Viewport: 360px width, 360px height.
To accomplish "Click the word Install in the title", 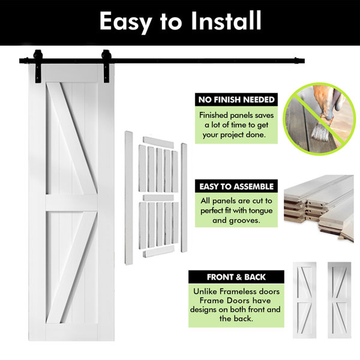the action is tap(226, 20).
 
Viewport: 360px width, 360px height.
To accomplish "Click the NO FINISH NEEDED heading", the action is tap(236, 100).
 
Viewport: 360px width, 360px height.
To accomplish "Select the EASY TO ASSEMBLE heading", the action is tap(236, 187).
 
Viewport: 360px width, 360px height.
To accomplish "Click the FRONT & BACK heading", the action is tap(236, 277).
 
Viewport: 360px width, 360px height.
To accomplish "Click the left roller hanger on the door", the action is tap(38, 66).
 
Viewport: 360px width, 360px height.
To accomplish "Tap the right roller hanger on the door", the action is tap(107, 66).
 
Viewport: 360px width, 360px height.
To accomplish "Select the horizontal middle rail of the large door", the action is tap(71, 203).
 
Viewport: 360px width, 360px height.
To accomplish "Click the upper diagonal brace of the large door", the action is tap(72, 138).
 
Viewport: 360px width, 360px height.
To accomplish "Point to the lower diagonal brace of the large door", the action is tap(72, 267).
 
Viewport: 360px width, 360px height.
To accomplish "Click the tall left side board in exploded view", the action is tap(128, 197).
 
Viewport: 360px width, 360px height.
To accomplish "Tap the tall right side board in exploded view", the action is tap(184, 197).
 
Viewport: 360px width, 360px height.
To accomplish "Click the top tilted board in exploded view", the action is tap(158, 143).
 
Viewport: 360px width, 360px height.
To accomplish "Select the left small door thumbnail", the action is tap(304, 300).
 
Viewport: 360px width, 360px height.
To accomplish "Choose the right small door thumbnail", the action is tap(340, 300).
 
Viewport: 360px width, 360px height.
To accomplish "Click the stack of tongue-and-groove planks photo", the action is tap(319, 208).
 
